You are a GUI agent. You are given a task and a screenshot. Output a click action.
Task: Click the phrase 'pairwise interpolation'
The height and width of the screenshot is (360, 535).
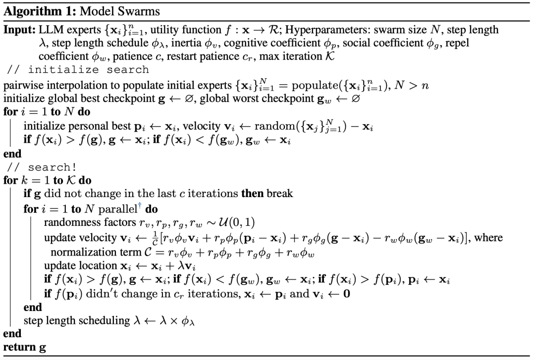[44, 86]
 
